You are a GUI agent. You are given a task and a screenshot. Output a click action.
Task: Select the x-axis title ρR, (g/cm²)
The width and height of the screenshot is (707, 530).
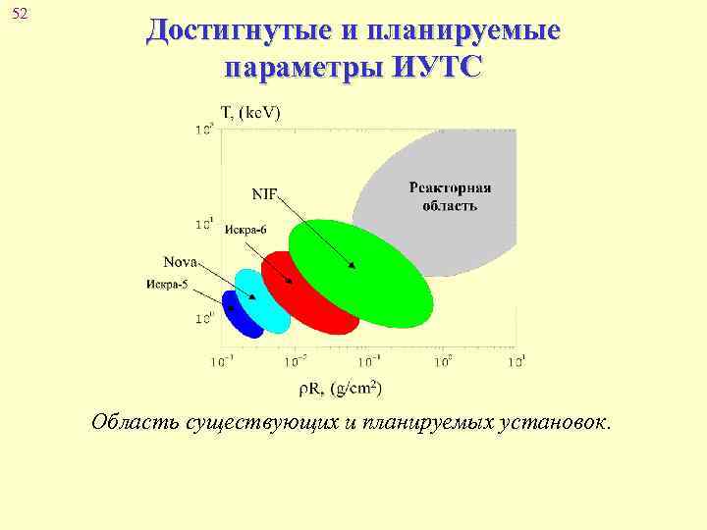pos(340,389)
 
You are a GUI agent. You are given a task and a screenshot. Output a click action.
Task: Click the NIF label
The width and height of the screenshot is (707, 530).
pos(264,191)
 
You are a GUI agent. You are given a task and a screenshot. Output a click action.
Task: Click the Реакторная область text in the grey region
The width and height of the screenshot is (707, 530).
pos(450,196)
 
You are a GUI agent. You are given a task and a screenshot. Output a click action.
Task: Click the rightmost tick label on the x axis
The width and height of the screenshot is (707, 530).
pos(517,361)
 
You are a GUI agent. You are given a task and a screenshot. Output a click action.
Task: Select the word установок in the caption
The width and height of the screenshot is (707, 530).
pos(556,423)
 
